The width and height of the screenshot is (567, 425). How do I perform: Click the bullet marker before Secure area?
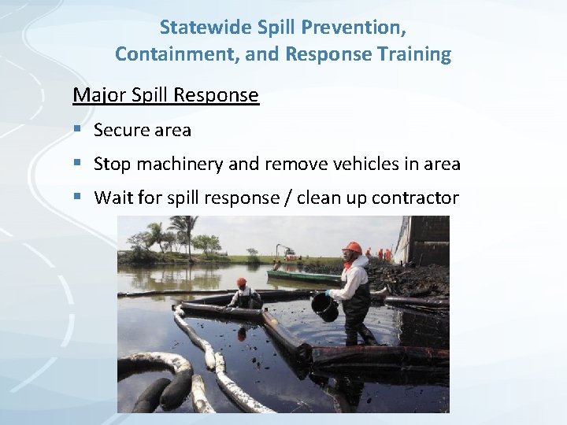tap(76, 129)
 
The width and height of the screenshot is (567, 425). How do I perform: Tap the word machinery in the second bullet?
tap(185, 164)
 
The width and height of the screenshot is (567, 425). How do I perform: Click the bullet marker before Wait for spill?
tap(76, 197)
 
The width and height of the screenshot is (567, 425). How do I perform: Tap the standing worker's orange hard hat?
tap(352, 248)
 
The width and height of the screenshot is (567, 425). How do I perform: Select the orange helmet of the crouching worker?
tap(242, 282)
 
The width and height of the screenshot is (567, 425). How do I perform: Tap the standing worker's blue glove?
tap(328, 293)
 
